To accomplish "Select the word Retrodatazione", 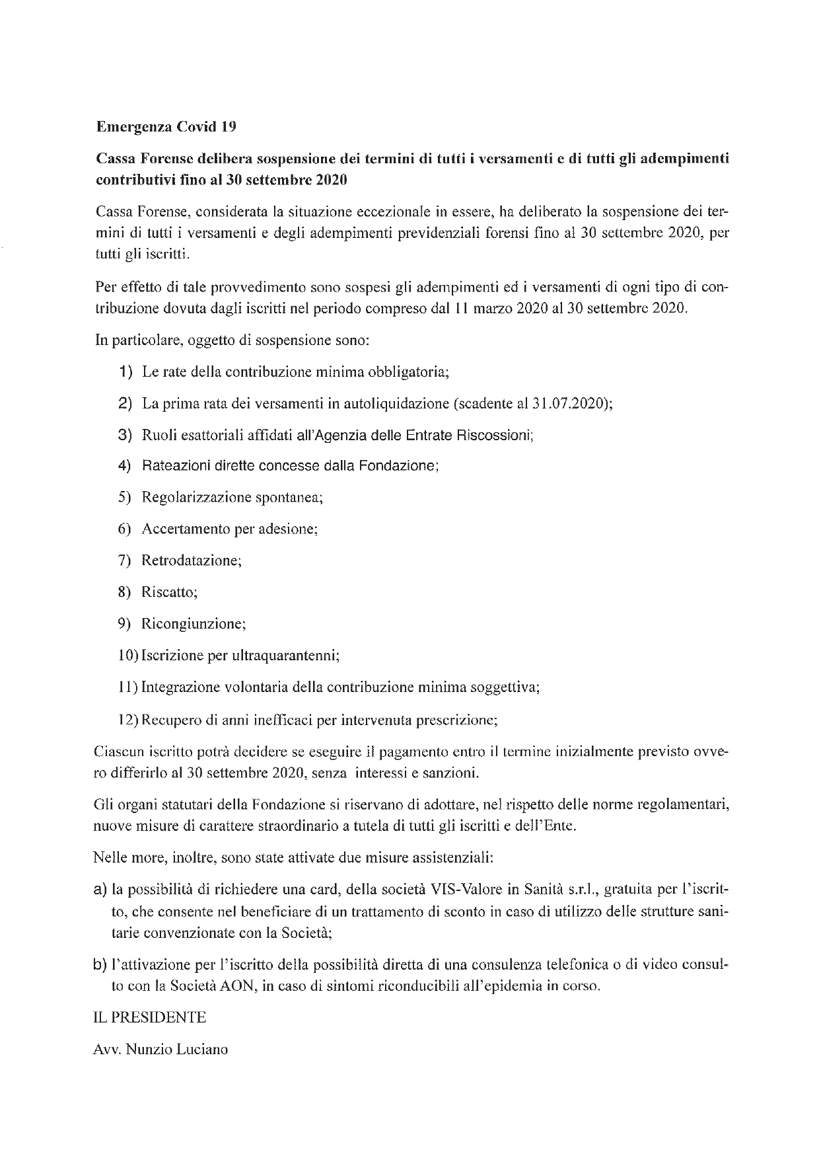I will [x=190, y=561].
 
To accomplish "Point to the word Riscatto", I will [x=168, y=592].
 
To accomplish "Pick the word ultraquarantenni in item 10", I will [x=285, y=656].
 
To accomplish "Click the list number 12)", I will [x=128, y=719].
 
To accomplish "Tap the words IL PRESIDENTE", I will [x=151, y=1017].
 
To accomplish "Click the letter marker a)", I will [x=101, y=890].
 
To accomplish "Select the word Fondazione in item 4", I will [x=398, y=465].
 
